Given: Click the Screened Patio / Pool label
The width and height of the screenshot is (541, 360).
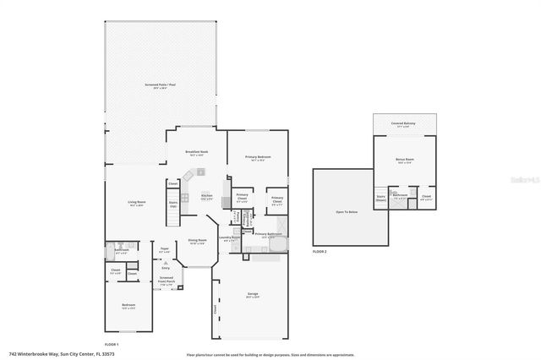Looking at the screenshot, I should pos(160,85).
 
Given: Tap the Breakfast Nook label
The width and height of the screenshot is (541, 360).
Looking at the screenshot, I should pos(197,152).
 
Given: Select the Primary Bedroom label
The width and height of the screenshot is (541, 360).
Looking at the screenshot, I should pos(258,157).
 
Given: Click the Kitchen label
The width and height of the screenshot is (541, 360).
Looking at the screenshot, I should pos(205,195).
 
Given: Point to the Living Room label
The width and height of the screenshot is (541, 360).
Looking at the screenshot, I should pos(136,202).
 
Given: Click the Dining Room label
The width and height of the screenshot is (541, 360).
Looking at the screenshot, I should pos(196,241).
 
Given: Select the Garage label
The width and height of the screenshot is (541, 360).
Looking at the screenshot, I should pos(253,295).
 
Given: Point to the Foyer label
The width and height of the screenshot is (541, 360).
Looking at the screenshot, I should pos(165,249).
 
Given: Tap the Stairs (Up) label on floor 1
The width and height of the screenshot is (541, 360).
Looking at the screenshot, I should pos(174,203).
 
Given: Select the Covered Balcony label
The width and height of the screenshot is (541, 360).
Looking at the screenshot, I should pos(402,123).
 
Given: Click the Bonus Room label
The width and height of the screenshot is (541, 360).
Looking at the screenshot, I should pos(405,159).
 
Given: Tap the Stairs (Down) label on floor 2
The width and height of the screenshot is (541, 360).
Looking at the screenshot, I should pos(381,197).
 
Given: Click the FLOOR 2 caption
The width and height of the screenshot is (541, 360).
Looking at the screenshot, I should pos(319,251).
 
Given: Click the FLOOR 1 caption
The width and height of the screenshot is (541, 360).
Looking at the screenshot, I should pos(111,345).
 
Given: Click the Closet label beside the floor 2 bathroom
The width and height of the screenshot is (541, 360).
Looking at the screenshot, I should pos(426,197).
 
